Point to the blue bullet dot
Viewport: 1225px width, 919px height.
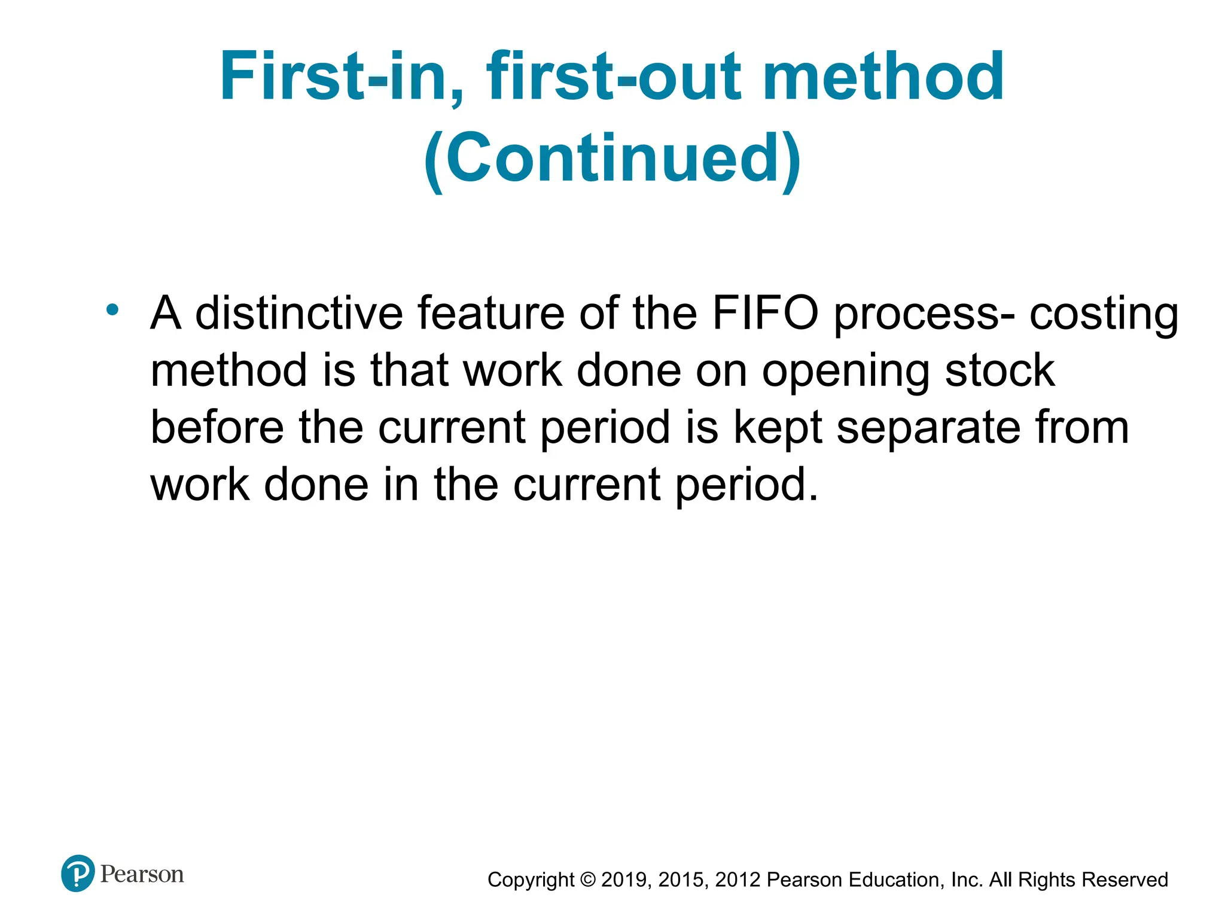(112, 309)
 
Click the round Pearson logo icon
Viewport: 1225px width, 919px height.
(78, 874)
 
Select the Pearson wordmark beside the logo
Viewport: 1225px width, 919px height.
(142, 874)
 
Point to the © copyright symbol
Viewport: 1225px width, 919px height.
(588, 880)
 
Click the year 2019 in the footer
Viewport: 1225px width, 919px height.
(624, 880)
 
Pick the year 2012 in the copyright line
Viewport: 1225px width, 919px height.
(738, 880)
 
